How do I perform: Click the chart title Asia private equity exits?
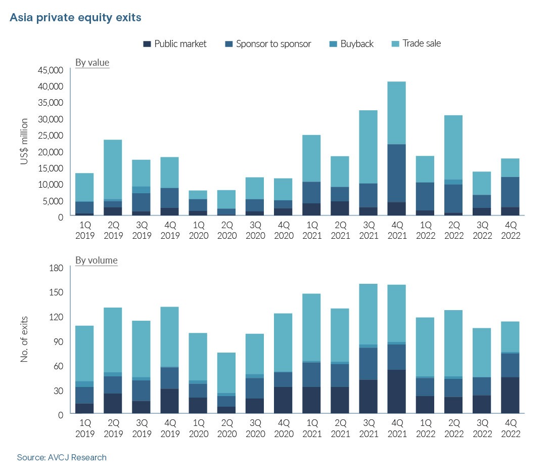click(x=75, y=18)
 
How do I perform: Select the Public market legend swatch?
click(x=147, y=44)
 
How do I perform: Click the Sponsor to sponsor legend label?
click(x=273, y=44)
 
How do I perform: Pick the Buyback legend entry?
click(x=357, y=44)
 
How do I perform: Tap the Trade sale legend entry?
click(x=422, y=44)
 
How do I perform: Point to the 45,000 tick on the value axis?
click(x=50, y=70)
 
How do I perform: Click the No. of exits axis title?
click(x=24, y=339)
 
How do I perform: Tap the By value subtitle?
click(x=92, y=63)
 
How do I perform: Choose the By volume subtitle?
click(x=96, y=261)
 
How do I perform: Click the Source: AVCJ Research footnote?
click(x=62, y=457)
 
